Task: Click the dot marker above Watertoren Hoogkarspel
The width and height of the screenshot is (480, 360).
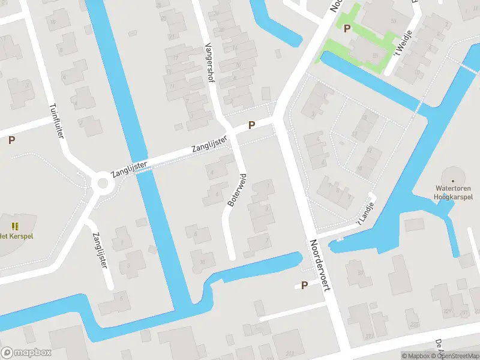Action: (453, 179)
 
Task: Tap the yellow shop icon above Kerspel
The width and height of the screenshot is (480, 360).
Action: (15, 226)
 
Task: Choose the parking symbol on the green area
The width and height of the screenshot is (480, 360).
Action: (346, 28)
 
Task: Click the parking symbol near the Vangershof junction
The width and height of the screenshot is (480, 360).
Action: (252, 125)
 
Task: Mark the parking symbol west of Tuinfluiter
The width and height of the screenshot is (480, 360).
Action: (11, 140)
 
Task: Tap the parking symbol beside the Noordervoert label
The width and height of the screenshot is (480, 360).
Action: (304, 285)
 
